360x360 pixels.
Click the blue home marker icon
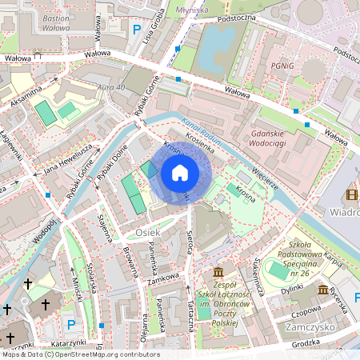point(180,173)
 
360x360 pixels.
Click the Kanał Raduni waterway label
point(205,132)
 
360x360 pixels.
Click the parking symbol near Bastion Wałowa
point(125,26)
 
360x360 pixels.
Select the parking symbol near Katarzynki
point(71,324)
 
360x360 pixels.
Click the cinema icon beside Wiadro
point(351,196)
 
